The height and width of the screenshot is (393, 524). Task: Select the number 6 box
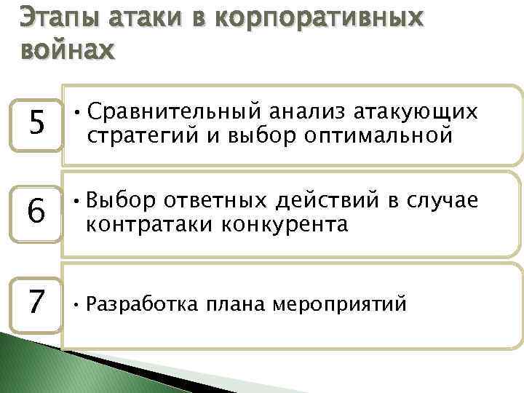click(33, 213)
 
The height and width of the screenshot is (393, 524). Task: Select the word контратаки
click(138, 224)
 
